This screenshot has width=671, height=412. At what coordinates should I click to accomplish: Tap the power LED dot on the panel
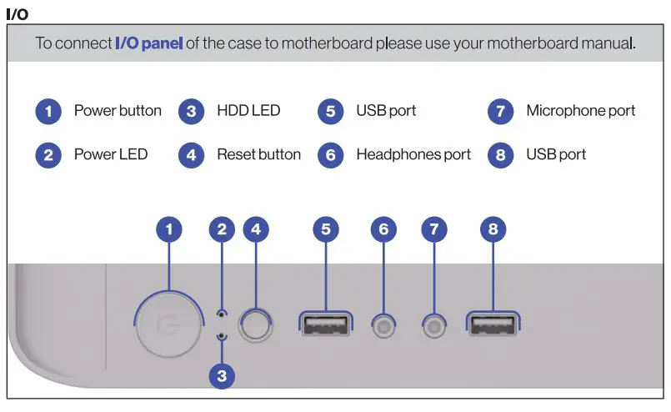(221, 314)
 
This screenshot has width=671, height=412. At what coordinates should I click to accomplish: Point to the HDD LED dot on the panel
(221, 335)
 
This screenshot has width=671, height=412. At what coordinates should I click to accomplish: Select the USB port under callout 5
(325, 324)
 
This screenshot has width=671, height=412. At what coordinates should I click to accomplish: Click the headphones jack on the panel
(383, 325)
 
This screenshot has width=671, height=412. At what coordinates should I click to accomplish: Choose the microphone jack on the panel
(433, 325)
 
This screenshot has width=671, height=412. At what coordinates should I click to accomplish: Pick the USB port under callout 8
(493, 324)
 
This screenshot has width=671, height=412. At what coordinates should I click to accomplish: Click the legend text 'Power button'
(118, 111)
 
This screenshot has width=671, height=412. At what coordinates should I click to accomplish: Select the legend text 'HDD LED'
(248, 111)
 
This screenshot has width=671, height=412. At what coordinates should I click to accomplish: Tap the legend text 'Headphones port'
(413, 154)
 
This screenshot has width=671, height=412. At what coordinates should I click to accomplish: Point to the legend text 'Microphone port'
(580, 111)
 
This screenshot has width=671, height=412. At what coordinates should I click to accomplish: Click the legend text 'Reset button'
(258, 154)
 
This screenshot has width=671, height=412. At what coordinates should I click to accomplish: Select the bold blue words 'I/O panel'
(148, 43)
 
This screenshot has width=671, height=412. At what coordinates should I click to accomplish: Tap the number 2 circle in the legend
(48, 155)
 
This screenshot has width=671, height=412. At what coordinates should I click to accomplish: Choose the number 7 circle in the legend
(500, 112)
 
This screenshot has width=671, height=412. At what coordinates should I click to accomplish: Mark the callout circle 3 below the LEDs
(221, 376)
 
